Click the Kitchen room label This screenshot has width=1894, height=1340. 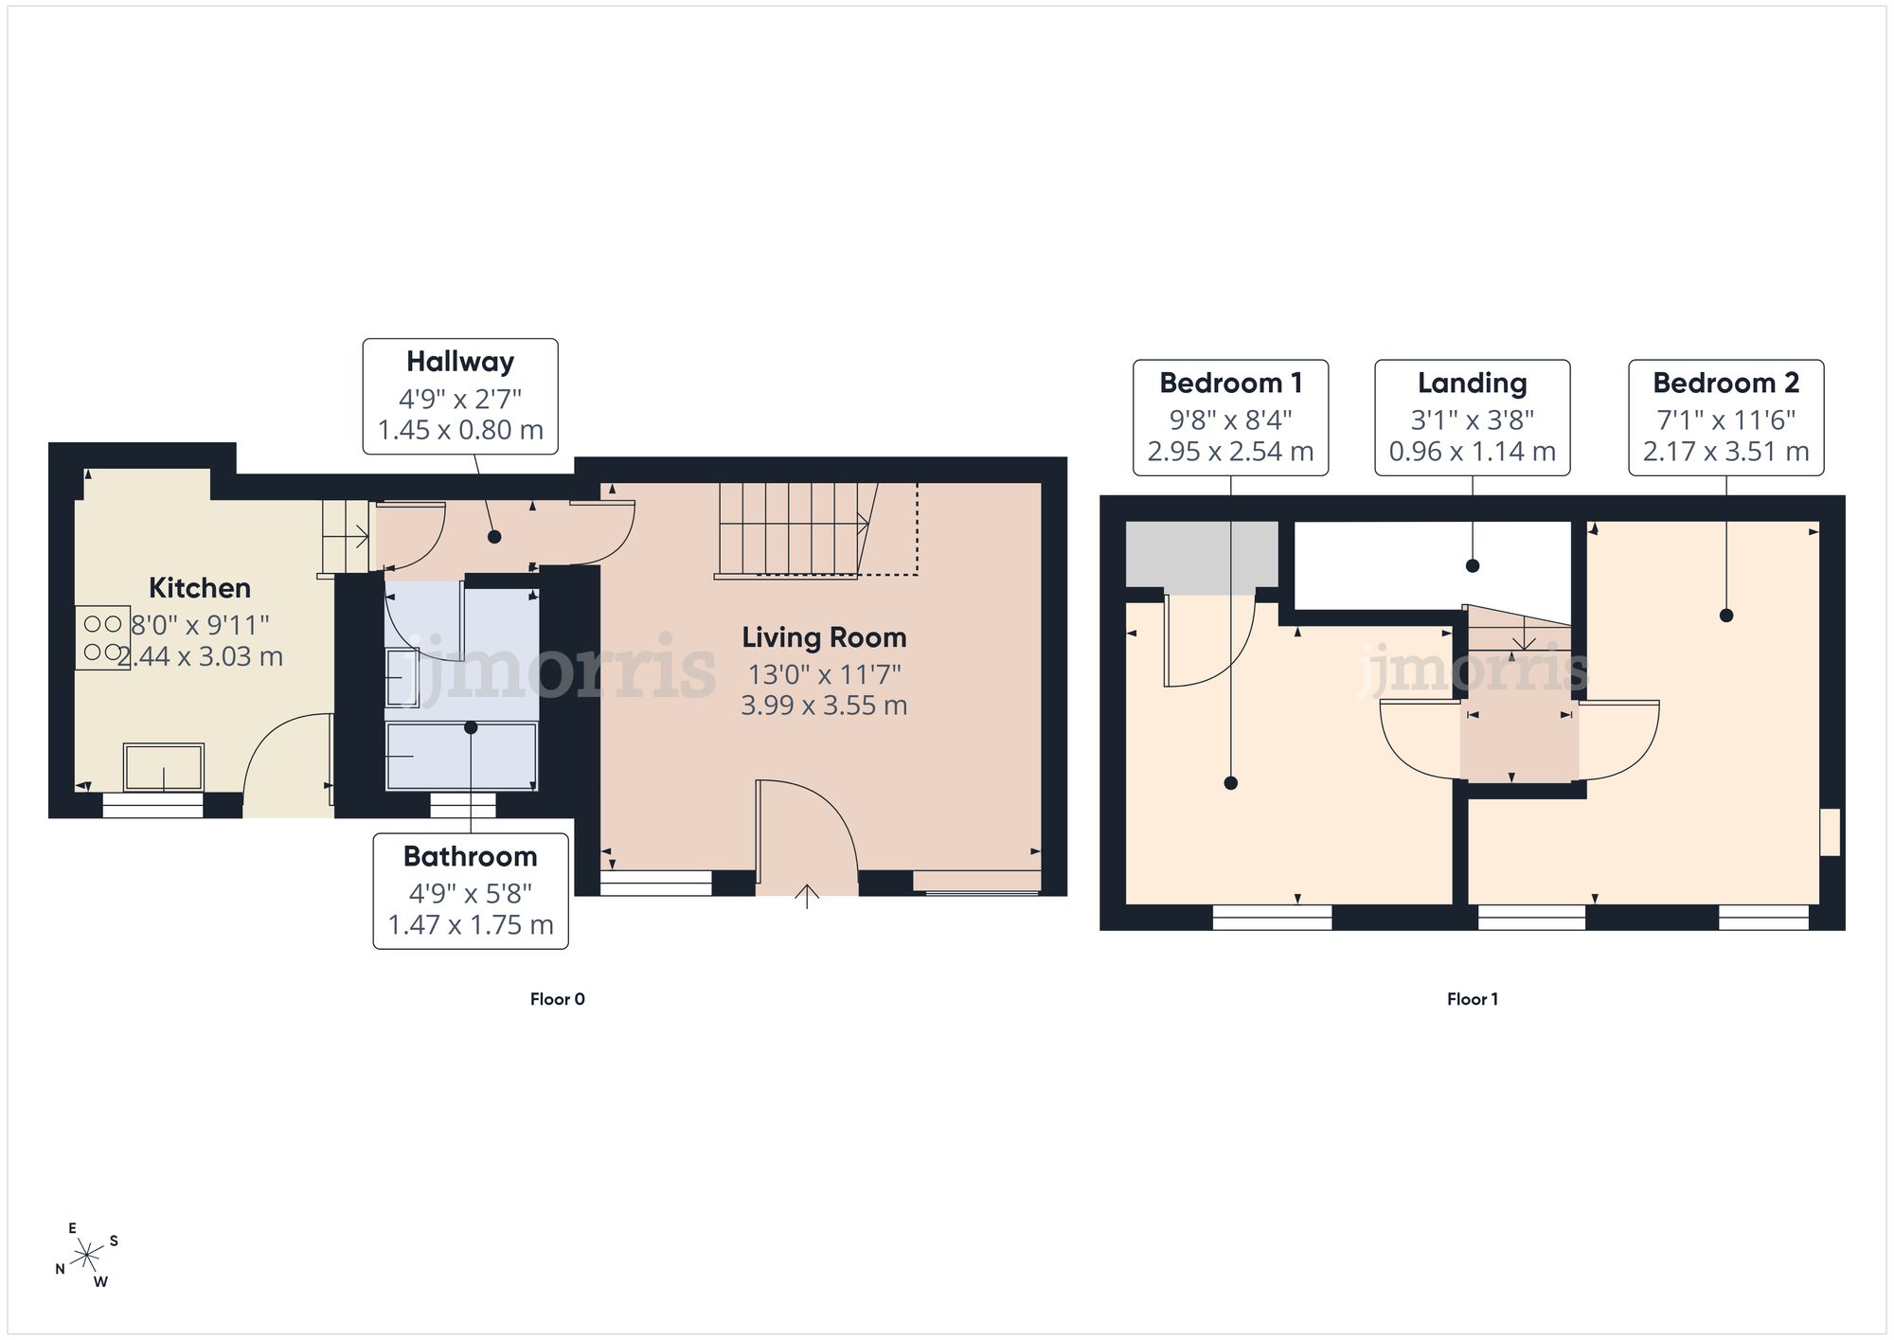(200, 588)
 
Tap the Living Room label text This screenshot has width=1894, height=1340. (824, 638)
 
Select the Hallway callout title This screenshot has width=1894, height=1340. (460, 362)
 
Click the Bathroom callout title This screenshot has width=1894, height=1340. (471, 856)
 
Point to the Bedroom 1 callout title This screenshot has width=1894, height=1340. (1231, 383)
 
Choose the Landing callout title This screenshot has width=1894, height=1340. (1473, 384)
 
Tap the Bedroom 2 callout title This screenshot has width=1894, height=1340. (1726, 383)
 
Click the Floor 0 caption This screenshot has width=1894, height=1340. (558, 999)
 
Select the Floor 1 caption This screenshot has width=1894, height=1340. (1473, 999)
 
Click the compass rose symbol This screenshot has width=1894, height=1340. (87, 1256)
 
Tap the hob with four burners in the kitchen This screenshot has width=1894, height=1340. (102, 638)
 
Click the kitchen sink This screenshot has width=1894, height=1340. (164, 767)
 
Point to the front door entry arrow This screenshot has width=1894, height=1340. (806, 896)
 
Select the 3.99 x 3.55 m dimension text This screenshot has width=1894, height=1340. (824, 706)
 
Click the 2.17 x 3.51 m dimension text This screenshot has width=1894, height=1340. (1726, 452)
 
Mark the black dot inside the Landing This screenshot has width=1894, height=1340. (1473, 566)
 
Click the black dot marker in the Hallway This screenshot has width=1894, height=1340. (494, 537)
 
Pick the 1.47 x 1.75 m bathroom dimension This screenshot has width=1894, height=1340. (471, 925)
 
